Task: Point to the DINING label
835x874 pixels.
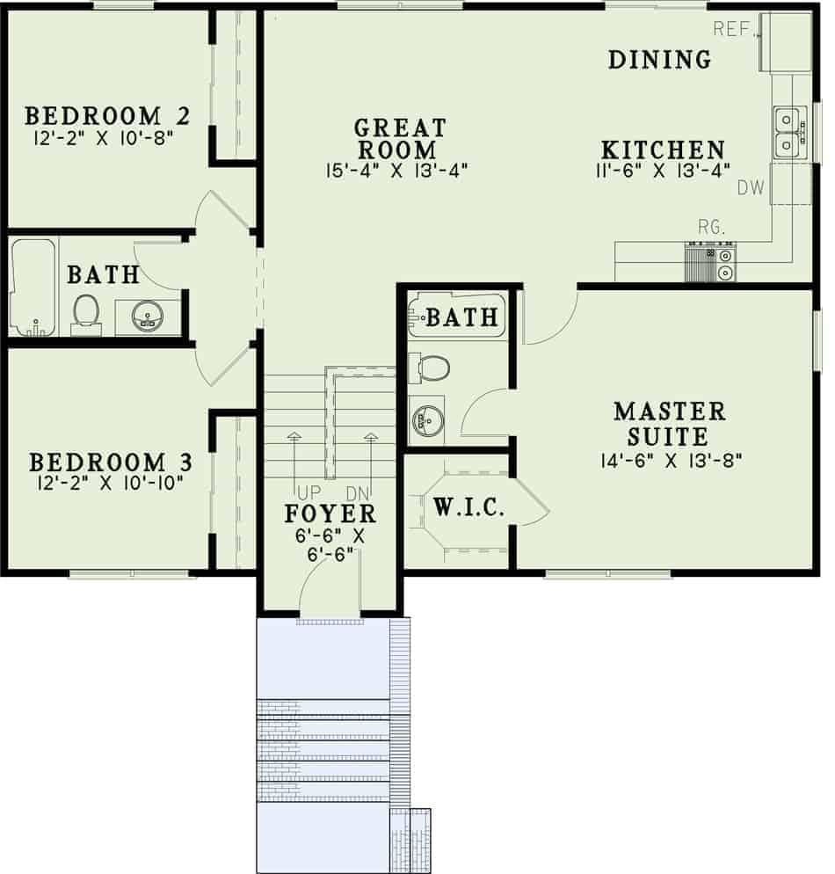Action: (x=660, y=60)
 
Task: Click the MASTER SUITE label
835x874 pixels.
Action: (x=670, y=423)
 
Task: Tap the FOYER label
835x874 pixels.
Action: (x=330, y=513)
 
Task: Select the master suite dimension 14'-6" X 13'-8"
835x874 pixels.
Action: (x=670, y=462)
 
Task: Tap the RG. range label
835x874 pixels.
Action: (x=712, y=228)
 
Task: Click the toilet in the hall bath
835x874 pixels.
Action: (x=86, y=313)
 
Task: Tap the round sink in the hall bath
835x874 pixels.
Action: (x=146, y=316)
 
